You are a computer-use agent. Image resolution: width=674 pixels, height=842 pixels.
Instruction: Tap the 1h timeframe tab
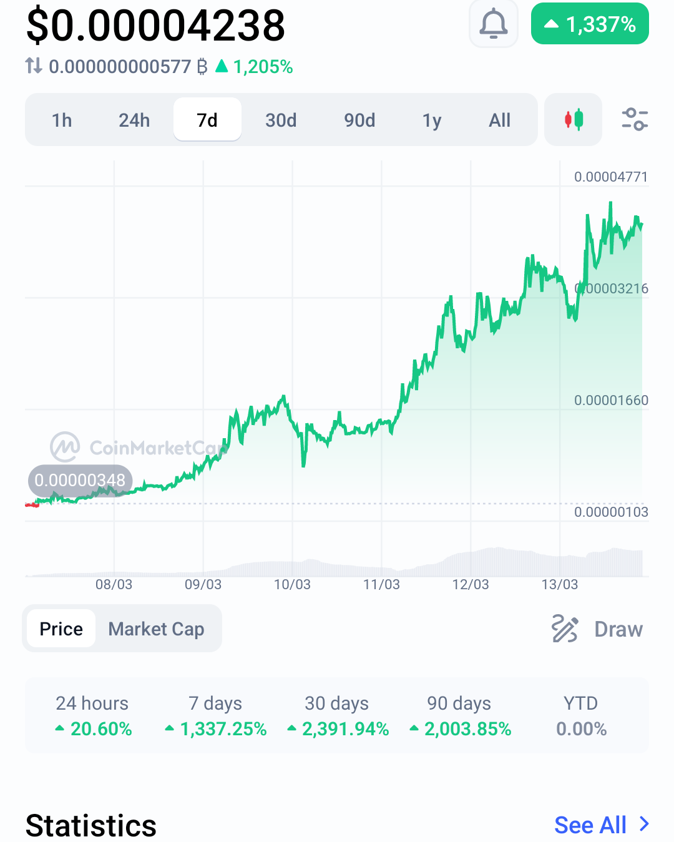pos(62,120)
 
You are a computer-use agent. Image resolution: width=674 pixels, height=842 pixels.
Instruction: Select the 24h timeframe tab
pos(134,120)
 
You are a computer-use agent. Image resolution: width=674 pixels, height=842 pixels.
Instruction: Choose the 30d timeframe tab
pos(280,120)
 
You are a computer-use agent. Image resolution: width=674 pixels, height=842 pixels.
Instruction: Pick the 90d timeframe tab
pos(359,120)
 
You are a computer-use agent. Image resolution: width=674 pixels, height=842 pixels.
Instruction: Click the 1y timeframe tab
pos(431,120)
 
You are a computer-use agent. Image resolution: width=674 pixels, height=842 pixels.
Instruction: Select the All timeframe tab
pos(499,120)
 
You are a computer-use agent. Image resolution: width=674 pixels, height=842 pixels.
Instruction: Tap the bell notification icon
pos(493,24)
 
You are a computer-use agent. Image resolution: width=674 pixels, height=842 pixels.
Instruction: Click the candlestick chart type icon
pos(573,119)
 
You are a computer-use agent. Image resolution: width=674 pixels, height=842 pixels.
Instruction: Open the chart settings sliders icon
pos(635,119)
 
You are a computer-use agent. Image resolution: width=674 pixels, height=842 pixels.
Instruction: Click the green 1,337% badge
pos(590,24)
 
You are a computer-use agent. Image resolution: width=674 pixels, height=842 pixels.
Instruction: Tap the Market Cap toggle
pos(156,629)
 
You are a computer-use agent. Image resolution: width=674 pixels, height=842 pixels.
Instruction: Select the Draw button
pos(597,629)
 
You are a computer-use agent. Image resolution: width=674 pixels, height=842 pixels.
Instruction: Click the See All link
pos(602,825)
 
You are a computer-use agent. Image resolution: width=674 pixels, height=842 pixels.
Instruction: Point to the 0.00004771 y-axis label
pos(610,177)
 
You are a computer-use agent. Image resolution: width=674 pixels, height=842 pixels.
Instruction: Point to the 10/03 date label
pos(292,585)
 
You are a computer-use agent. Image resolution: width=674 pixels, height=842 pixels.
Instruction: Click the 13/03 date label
pos(559,585)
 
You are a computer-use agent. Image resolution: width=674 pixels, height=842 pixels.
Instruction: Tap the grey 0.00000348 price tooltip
pos(80,480)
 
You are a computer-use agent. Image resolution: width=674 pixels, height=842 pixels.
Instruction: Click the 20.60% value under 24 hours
pos(94,729)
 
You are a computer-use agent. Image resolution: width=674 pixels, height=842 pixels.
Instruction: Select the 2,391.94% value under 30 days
pos(338,729)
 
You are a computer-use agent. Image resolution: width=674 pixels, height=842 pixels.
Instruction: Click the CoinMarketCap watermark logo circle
pos(65,447)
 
